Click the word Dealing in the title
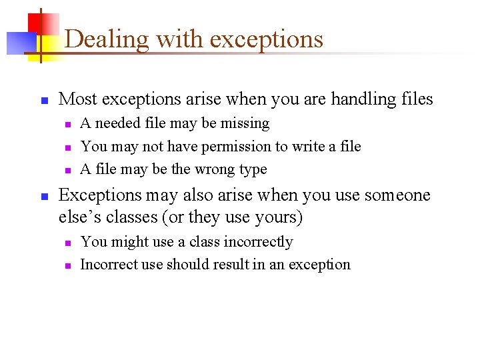107,39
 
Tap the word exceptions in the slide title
266,39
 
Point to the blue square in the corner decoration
20,43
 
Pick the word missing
247,123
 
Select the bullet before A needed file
67,124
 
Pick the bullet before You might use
67,243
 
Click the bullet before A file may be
67,169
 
